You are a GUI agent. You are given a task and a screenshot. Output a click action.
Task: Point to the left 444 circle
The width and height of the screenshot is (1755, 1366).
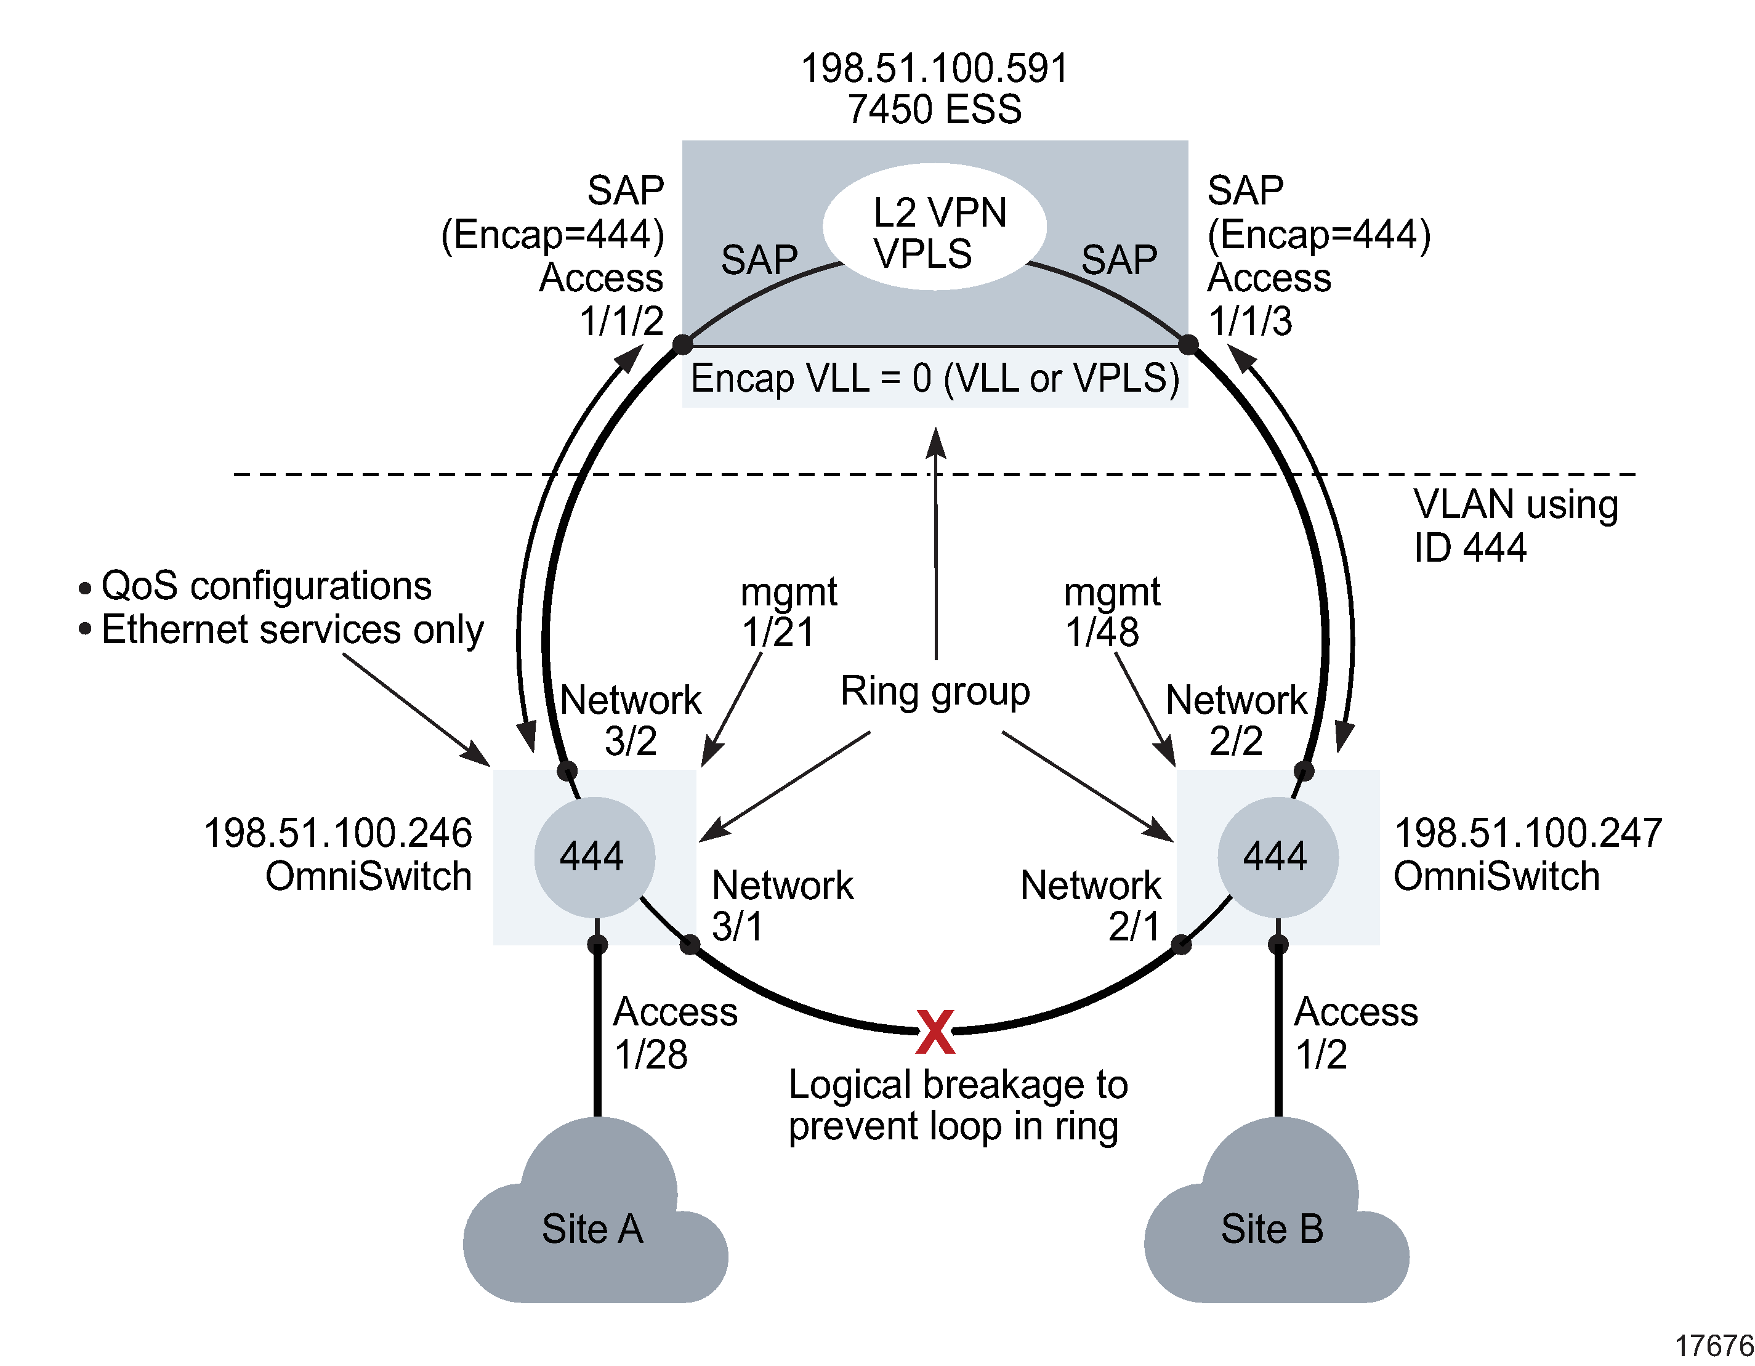[x=595, y=857]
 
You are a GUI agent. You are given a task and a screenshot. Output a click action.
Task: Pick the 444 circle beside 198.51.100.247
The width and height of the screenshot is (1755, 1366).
[x=1278, y=857]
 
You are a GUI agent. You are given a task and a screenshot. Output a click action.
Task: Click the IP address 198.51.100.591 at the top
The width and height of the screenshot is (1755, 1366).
[x=935, y=69]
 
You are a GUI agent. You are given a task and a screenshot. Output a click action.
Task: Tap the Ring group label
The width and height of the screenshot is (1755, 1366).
[x=935, y=691]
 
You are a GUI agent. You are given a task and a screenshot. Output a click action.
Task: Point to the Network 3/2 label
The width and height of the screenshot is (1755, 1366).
[x=630, y=720]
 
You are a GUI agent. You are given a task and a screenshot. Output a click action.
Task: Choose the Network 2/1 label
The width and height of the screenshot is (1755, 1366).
[x=1091, y=905]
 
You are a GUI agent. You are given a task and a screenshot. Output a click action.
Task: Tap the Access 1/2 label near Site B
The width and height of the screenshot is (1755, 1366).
[x=1355, y=1033]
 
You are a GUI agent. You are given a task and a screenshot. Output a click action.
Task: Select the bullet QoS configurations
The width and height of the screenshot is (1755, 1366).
[x=265, y=586]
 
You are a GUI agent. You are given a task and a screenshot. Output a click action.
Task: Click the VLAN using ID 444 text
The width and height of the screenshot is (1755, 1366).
[x=1514, y=525]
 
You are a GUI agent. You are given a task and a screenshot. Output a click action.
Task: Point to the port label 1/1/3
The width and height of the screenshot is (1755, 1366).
[x=1250, y=321]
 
